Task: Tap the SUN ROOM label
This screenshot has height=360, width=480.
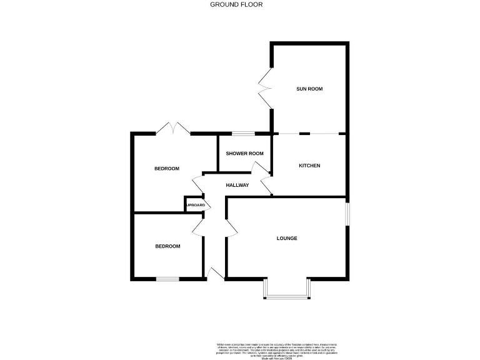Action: [x=309, y=89]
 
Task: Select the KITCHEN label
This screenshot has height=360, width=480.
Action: [x=309, y=166]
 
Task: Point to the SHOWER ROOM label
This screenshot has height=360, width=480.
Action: [x=244, y=154]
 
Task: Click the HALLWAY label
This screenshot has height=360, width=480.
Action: [x=237, y=185]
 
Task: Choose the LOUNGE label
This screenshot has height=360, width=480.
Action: [x=287, y=238]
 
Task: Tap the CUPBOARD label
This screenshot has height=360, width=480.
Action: [x=194, y=205]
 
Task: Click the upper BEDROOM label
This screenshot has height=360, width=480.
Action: [x=167, y=169]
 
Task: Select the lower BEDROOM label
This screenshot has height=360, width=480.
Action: [x=167, y=246]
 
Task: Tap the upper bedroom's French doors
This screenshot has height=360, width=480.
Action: [x=173, y=129]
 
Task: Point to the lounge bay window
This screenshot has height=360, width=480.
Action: [x=286, y=292]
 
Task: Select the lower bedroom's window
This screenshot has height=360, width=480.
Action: [x=167, y=278]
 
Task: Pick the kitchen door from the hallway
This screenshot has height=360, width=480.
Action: [x=266, y=185]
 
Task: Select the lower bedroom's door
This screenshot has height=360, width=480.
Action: [x=199, y=226]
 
